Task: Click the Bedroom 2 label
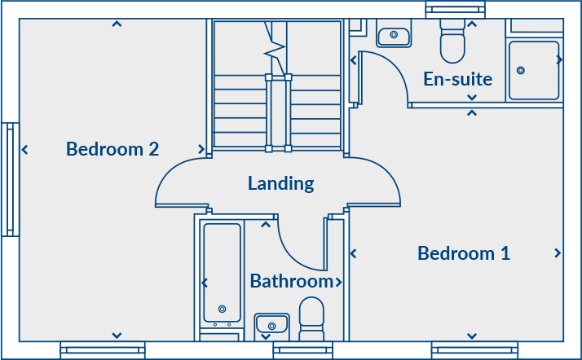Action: coord(112,149)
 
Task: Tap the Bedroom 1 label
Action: coord(464,253)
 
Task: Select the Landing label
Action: coord(281,183)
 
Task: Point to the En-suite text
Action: coord(457,79)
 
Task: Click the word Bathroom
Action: coord(292,281)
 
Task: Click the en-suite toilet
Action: coord(452,41)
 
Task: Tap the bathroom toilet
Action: coord(311,318)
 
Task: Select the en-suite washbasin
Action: coord(394,35)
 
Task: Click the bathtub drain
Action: coord(223,309)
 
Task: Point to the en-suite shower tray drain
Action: coord(521,70)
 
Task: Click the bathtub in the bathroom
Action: coord(222,273)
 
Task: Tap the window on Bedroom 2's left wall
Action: coord(11,179)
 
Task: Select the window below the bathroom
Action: coord(303,350)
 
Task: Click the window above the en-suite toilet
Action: coord(455,10)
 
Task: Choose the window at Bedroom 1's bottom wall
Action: coord(474,350)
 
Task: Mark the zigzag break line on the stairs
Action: coord(275,48)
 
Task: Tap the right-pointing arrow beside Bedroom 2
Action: coord(201,149)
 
